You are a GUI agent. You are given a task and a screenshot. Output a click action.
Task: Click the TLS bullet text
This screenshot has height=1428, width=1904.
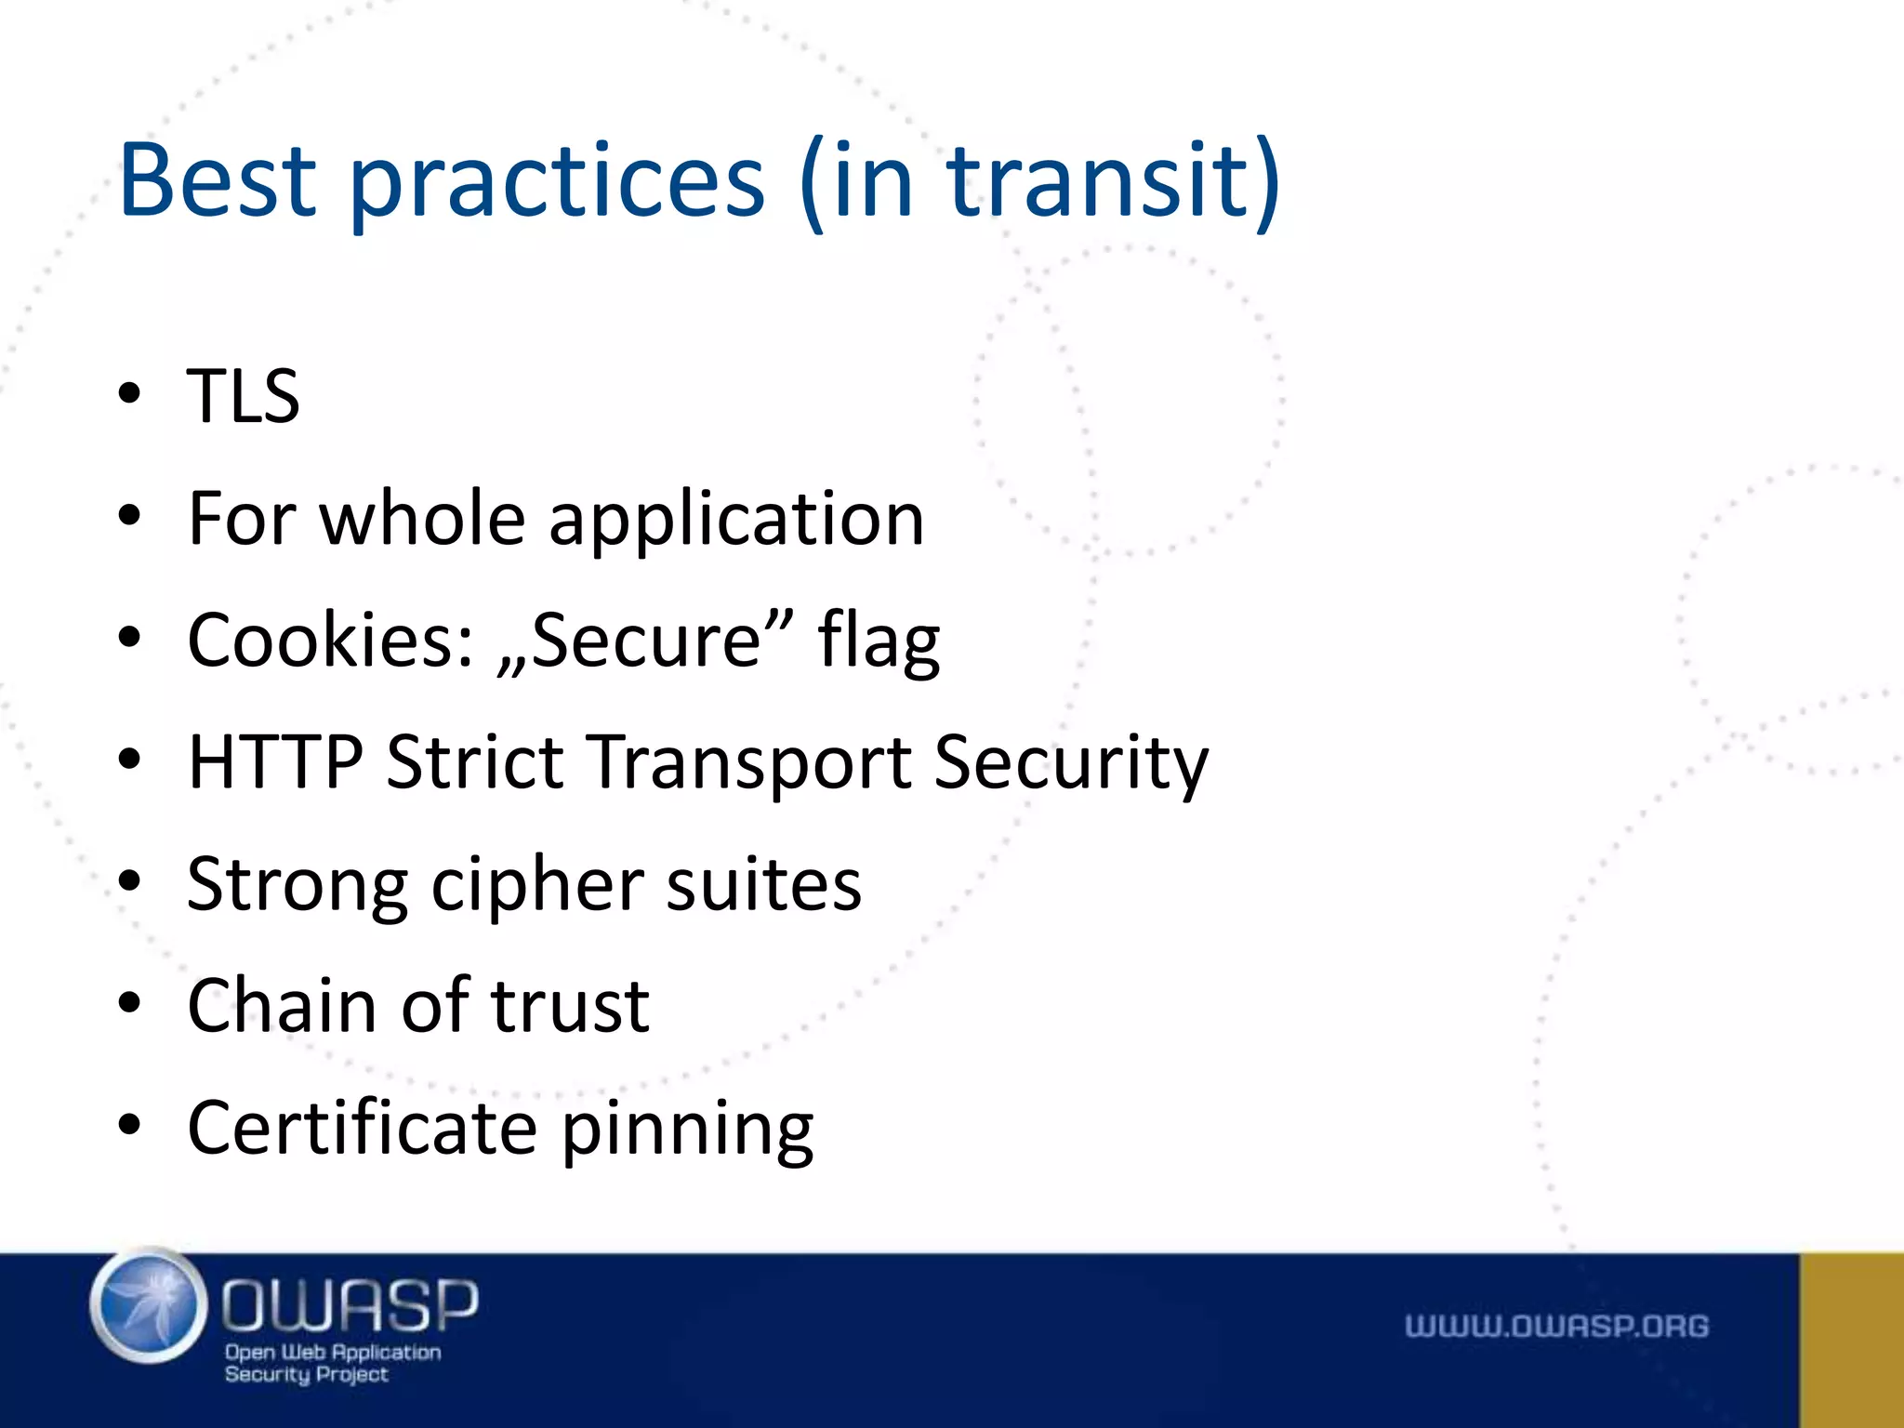[244, 397]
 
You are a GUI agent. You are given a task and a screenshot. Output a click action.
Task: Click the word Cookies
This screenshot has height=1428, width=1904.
[331, 641]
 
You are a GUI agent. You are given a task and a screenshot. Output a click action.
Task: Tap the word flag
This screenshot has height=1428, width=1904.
[879, 643]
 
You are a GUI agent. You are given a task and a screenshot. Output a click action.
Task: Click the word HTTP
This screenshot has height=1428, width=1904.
[275, 762]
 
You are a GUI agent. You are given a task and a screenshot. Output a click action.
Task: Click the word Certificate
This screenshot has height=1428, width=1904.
[363, 1128]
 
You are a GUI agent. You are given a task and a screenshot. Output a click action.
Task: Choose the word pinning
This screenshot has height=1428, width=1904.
[688, 1130]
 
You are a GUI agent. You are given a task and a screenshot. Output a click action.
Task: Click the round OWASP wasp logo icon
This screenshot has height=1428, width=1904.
[149, 1306]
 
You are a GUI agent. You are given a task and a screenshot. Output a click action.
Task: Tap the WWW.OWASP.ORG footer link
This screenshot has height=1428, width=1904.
[1556, 1326]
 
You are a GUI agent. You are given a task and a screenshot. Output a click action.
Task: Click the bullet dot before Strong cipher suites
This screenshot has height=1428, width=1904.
[129, 880]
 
